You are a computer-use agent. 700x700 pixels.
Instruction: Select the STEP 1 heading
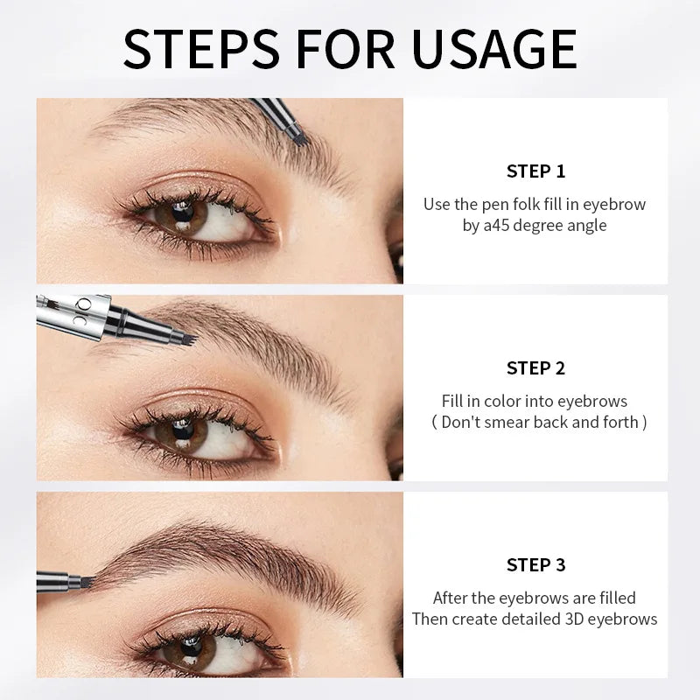click(535, 171)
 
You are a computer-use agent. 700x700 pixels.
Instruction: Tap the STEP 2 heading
click(535, 367)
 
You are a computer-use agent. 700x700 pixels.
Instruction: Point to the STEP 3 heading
click(535, 564)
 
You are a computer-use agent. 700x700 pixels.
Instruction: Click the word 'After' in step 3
click(452, 598)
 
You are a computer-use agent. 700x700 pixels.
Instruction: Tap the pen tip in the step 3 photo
click(85, 581)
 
